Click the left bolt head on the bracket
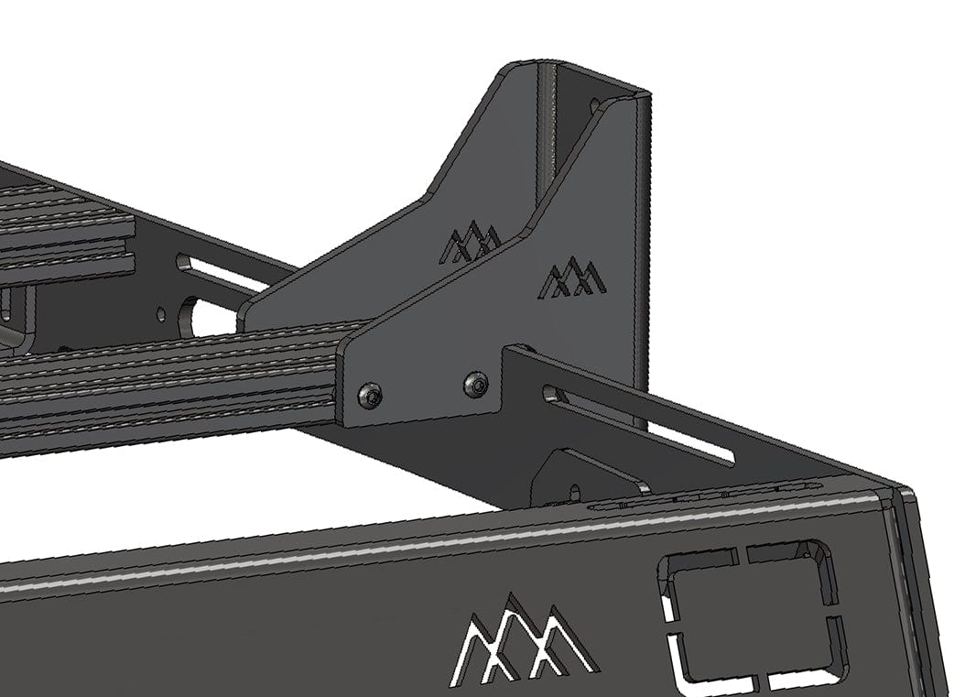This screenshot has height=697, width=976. point(370,396)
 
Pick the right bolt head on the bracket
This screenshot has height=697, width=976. point(475,385)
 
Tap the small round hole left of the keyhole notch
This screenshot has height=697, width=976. point(161,314)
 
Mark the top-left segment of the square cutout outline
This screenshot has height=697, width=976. point(699,561)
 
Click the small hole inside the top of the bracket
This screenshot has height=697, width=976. point(596,106)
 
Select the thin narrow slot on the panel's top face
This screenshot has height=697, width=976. point(705,496)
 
